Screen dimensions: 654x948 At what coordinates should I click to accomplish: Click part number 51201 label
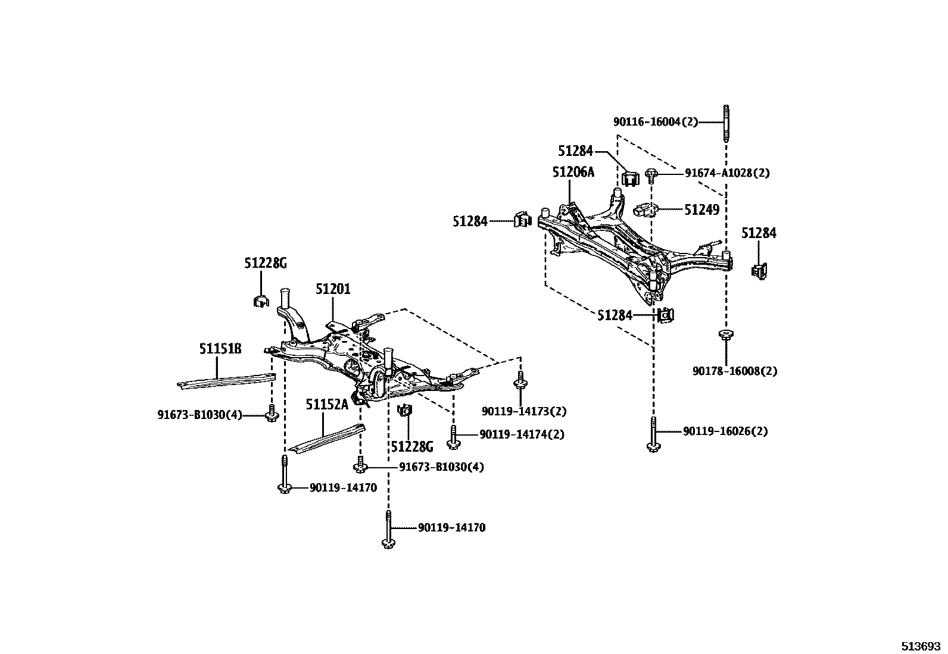pyautogui.click(x=333, y=289)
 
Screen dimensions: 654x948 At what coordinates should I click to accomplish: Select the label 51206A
pyautogui.click(x=573, y=172)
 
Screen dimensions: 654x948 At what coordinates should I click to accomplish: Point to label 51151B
pyautogui.click(x=220, y=349)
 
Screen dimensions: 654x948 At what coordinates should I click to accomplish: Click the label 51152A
pyautogui.click(x=327, y=405)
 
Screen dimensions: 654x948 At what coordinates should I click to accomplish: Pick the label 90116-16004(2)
pyautogui.click(x=656, y=122)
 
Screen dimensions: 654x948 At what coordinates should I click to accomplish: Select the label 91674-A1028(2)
pyautogui.click(x=726, y=173)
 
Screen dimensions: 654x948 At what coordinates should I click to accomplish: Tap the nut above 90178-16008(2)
pyautogui.click(x=725, y=334)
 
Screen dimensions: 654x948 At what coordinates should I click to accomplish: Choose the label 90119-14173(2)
pyautogui.click(x=524, y=411)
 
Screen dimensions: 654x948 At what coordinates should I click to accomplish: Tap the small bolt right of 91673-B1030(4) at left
pyautogui.click(x=272, y=414)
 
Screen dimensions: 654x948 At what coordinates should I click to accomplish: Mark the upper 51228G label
pyautogui.click(x=265, y=262)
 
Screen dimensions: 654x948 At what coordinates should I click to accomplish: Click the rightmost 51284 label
pyautogui.click(x=759, y=233)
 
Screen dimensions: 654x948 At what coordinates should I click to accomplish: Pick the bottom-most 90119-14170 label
pyautogui.click(x=451, y=528)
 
